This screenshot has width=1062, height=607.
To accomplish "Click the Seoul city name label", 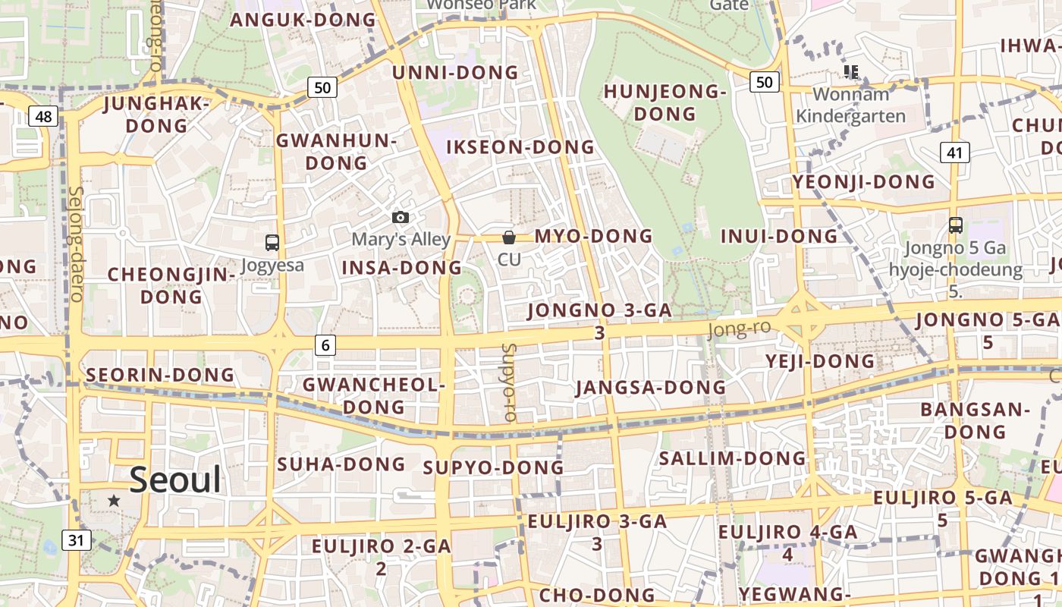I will click(x=175, y=480).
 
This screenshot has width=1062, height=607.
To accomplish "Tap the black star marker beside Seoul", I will click(x=114, y=500).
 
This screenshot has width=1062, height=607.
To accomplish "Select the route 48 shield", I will click(x=44, y=116).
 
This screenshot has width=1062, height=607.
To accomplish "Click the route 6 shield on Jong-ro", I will click(x=325, y=345).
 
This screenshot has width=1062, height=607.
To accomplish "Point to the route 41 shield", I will click(x=954, y=153).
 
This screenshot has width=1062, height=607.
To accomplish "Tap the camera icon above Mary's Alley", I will click(x=401, y=218).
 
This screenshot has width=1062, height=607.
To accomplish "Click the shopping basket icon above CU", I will click(x=509, y=237).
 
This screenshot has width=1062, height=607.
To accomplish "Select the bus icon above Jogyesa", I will click(x=272, y=243).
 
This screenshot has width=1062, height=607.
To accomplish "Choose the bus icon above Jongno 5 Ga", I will click(x=955, y=225).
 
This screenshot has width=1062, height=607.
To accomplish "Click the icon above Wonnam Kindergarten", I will click(x=850, y=72).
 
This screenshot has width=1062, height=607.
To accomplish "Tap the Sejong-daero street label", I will click(x=77, y=244).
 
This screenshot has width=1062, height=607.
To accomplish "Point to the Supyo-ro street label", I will click(x=508, y=382).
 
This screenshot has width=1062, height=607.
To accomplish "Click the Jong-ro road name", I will click(x=739, y=329).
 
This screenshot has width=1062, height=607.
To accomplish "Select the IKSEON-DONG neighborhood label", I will click(x=520, y=147).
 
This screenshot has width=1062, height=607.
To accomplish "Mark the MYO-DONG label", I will click(x=593, y=236).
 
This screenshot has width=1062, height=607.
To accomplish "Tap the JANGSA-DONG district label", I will click(x=650, y=388).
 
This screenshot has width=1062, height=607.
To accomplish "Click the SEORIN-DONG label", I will click(x=160, y=375).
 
